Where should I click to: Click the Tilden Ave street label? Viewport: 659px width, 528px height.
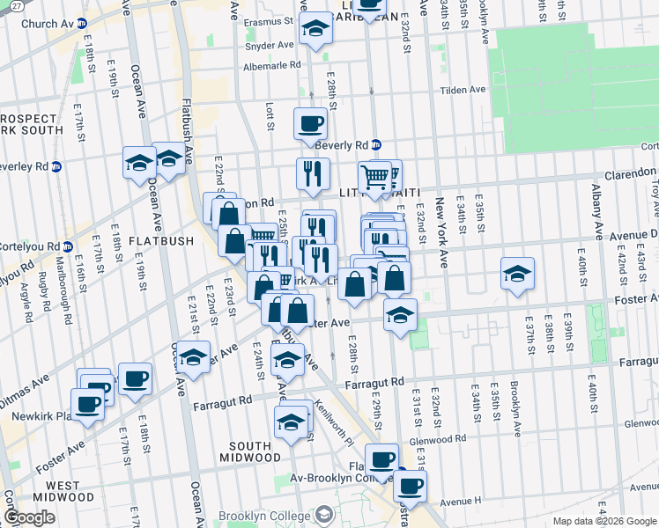click(464, 90)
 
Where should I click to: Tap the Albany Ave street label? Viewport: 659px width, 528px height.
click(597, 244)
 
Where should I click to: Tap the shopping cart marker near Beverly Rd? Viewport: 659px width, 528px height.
click(375, 176)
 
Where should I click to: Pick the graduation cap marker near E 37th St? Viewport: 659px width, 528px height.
click(518, 273)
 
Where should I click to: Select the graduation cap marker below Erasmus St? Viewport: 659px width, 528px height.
click(315, 30)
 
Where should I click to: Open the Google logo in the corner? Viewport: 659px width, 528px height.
click(30, 517)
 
